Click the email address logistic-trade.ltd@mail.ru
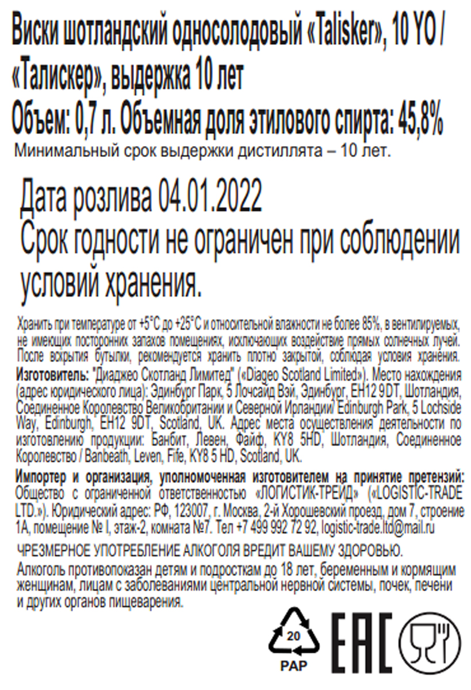point(379,526)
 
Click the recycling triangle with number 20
point(293,634)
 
